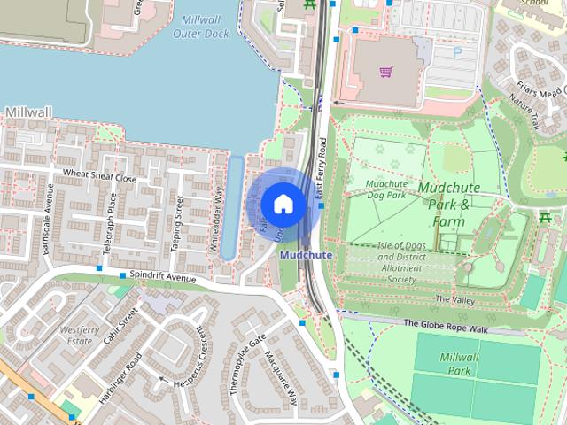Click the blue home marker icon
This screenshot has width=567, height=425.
point(283,204)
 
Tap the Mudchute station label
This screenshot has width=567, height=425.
point(306,255)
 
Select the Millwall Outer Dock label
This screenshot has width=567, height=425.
point(205,27)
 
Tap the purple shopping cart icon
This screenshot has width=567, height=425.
point(386,72)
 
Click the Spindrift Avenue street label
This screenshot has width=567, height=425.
point(162,278)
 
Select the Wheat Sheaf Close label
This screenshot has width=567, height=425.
point(99,177)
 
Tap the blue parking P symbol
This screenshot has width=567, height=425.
point(457,52)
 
